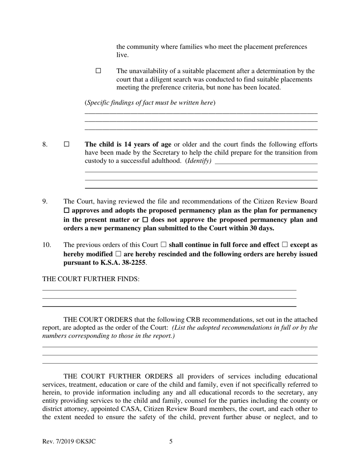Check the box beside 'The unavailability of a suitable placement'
(x=99, y=71)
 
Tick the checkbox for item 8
(x=67, y=144)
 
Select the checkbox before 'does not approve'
(x=145, y=220)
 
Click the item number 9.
(x=45, y=201)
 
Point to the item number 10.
(x=46, y=245)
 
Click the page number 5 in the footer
(x=171, y=441)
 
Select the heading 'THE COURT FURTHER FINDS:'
(x=91, y=279)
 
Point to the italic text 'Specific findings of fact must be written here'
(x=150, y=103)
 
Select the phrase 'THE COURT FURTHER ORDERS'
(x=118, y=376)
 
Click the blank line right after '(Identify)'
(x=266, y=162)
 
